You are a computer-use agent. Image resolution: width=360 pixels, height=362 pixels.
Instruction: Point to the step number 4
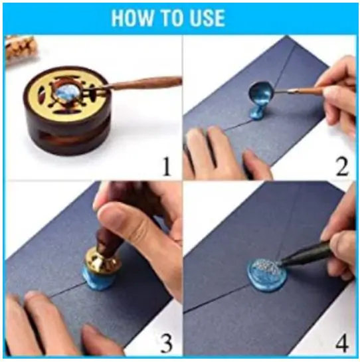(x=341, y=342)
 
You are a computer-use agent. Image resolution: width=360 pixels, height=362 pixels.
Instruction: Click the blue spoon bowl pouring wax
(x=260, y=91)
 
